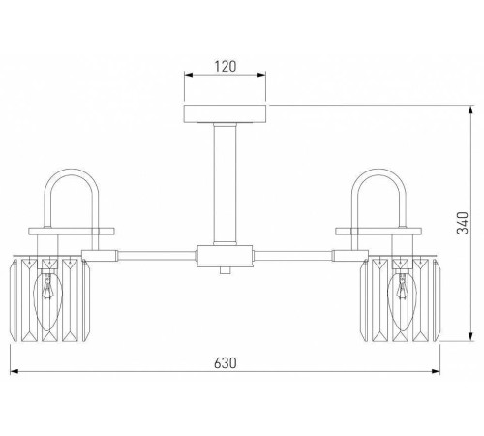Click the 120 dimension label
(226, 66)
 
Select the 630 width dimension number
(226, 362)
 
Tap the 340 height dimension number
(463, 223)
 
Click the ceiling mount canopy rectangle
(225, 113)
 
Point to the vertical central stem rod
(225, 184)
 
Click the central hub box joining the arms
(225, 256)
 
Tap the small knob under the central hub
(225, 270)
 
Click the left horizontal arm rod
(157, 256)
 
